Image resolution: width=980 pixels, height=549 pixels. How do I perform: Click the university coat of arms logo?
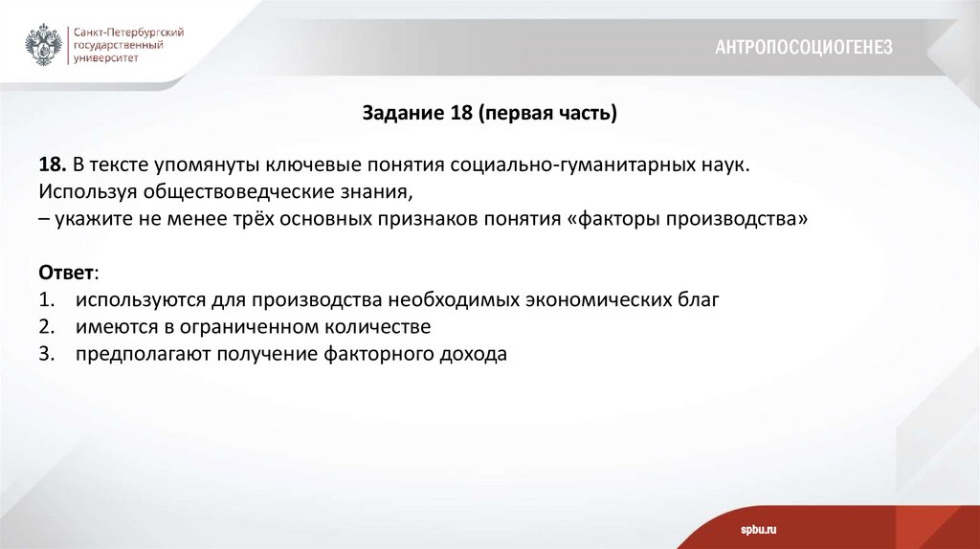(44, 45)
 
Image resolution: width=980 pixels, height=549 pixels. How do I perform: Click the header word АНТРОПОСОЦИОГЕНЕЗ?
(804, 47)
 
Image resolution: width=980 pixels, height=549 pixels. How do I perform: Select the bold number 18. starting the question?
(53, 165)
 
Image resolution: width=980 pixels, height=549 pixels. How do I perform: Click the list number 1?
(47, 299)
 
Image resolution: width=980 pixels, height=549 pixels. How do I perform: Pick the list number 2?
(47, 326)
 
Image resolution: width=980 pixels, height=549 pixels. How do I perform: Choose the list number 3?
(47, 354)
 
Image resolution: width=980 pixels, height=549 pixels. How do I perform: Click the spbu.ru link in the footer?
(758, 529)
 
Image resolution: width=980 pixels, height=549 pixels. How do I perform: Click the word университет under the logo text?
(106, 57)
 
